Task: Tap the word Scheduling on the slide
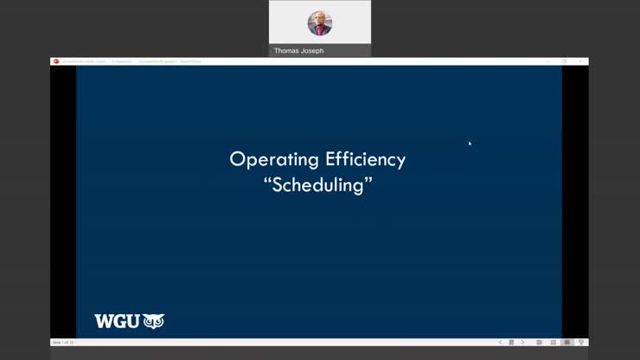pos(318,185)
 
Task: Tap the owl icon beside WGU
pos(153,321)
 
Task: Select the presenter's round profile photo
pos(320,22)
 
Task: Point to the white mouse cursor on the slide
pos(470,143)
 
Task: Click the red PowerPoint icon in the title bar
pos(56,61)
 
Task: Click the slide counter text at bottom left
pos(63,343)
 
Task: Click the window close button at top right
pos(580,61)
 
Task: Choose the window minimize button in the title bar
pos(547,61)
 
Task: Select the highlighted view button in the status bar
pos(567,343)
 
